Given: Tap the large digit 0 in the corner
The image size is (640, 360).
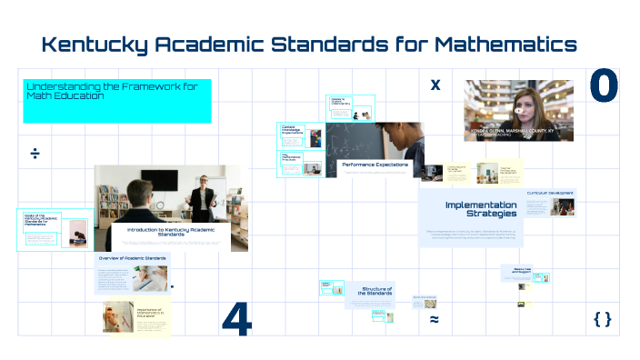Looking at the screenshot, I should [x=603, y=87].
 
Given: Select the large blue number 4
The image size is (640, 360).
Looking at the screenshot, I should [x=236, y=319].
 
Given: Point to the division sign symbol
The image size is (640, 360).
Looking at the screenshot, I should [x=35, y=154].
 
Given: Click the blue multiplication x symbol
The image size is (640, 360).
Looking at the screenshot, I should [x=435, y=85].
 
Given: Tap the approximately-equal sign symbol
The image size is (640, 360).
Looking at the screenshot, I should [x=435, y=320].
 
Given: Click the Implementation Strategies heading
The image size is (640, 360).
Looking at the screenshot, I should [x=481, y=209].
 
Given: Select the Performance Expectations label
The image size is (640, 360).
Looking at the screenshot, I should [x=375, y=165].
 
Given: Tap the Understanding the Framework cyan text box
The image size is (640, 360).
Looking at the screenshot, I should [x=117, y=100].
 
